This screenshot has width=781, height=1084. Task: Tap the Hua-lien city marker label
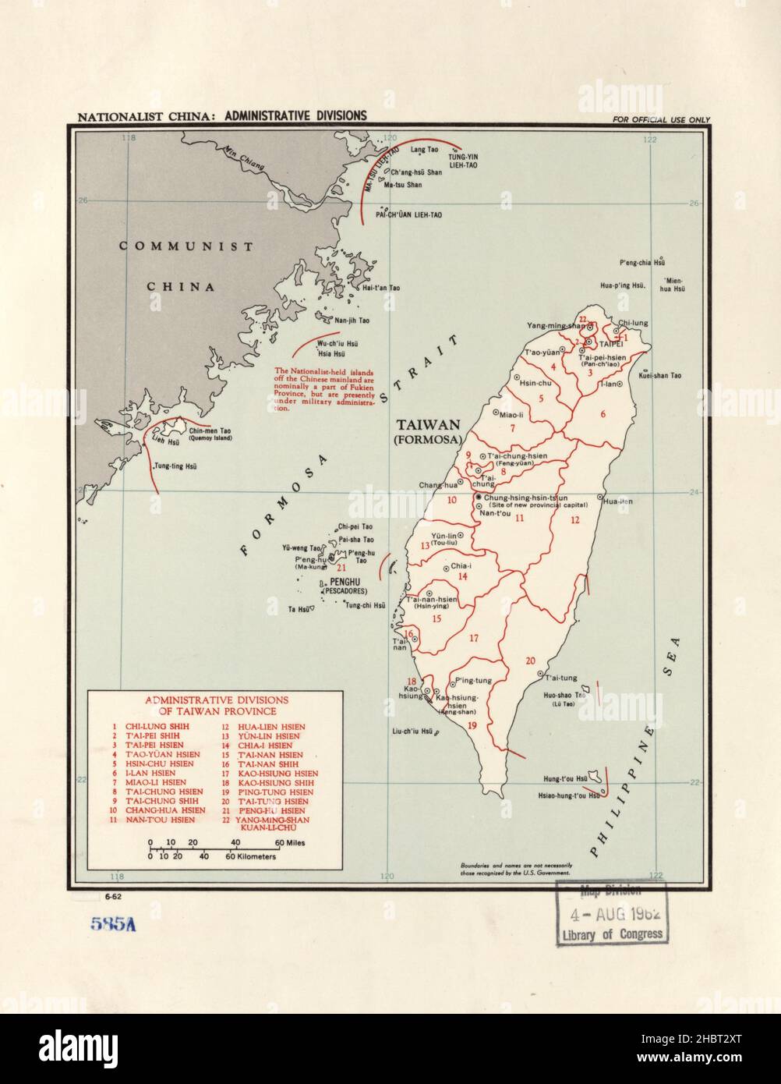point(617,501)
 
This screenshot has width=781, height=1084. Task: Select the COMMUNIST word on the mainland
point(186,246)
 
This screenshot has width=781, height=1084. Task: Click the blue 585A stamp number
point(113,925)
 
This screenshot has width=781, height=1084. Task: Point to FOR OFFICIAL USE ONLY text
point(661,119)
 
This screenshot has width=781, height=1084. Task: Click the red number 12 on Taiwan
point(574,520)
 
